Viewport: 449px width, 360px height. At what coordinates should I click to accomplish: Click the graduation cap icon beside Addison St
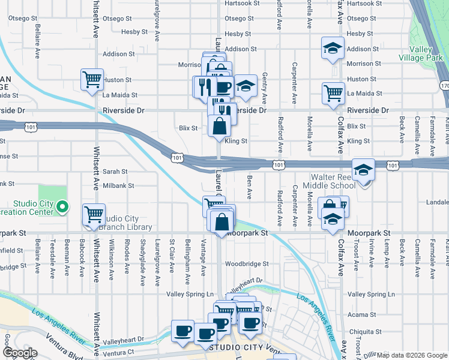tap(332, 49)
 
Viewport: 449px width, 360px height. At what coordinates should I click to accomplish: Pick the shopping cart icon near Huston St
tap(92, 79)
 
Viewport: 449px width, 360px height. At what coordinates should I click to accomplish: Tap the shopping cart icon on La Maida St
tap(333, 93)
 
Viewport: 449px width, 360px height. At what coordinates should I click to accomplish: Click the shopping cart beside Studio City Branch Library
tap(94, 214)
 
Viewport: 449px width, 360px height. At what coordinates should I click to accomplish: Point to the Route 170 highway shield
tap(444, 86)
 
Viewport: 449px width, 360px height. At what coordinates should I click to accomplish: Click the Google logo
tap(20, 353)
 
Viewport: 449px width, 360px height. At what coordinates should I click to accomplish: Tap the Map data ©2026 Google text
tap(412, 355)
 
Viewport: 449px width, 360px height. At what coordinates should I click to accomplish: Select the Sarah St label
tap(115, 171)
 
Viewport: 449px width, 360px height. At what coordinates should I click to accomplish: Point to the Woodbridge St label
tap(246, 263)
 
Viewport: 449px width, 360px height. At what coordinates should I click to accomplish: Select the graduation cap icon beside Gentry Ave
tap(245, 86)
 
